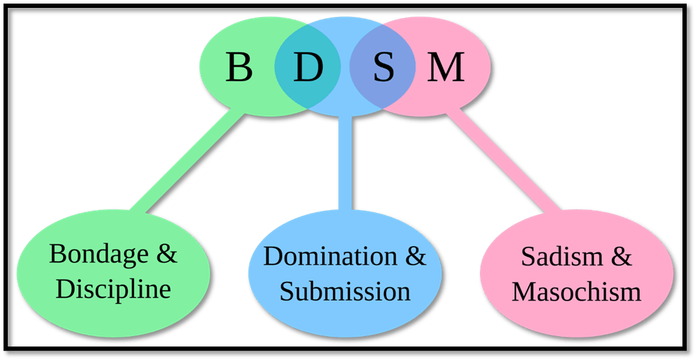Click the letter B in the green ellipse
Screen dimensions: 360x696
239,68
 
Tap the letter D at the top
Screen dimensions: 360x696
306,68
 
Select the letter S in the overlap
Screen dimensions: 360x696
383,68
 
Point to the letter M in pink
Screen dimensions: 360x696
446,68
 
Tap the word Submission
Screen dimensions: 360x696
344,291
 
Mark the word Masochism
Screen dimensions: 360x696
576,292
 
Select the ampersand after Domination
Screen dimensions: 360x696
413,256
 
